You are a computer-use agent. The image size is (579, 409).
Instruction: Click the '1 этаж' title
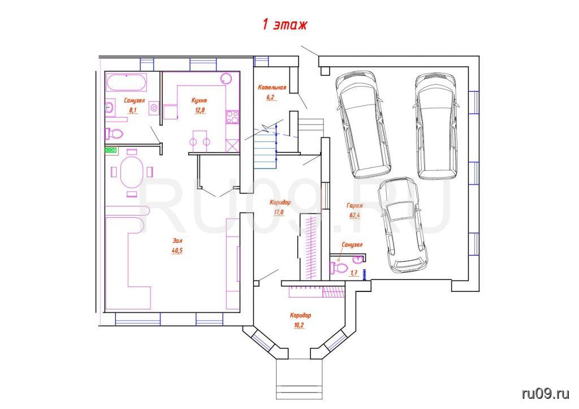click(284, 24)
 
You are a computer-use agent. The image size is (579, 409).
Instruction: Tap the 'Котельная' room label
click(272, 88)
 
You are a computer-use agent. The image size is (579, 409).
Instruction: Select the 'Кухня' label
click(200, 100)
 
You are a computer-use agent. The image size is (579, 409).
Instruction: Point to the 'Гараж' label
click(355, 205)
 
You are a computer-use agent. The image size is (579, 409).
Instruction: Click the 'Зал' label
click(177, 240)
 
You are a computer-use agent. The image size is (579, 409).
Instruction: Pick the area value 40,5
click(177, 250)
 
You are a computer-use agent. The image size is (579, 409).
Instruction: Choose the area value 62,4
click(355, 216)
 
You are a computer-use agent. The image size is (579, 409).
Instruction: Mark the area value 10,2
click(300, 325)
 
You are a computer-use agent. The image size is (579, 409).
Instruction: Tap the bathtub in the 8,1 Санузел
click(127, 82)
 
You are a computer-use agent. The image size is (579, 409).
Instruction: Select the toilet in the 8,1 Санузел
click(114, 134)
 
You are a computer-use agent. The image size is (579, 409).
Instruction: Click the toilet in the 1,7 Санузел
click(338, 268)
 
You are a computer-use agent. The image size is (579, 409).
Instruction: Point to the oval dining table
click(131, 172)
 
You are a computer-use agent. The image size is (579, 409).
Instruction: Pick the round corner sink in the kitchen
click(226, 78)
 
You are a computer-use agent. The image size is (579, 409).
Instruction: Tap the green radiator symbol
click(111, 150)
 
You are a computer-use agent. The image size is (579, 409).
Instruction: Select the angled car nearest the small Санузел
click(403, 225)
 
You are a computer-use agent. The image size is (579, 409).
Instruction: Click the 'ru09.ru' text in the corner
click(546, 393)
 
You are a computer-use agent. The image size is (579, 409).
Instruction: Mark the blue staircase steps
click(265, 147)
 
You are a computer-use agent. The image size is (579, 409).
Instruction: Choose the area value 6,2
click(271, 97)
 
